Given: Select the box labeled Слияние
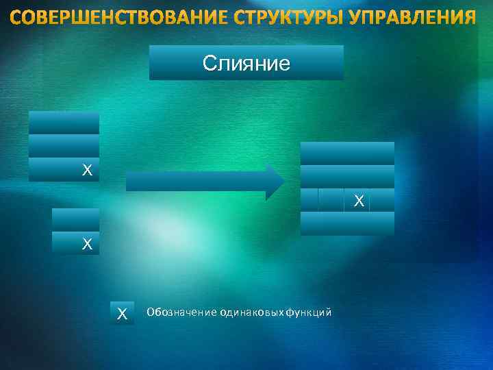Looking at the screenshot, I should pyautogui.click(x=246, y=63).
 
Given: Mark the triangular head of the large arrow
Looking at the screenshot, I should pyautogui.click(x=275, y=181).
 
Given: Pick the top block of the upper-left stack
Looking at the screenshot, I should pyautogui.click(x=64, y=123).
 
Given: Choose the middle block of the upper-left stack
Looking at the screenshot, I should pyautogui.click(x=64, y=146).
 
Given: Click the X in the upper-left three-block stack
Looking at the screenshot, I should pyautogui.click(x=86, y=170).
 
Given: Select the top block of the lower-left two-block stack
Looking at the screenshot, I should pyautogui.click(x=75, y=219).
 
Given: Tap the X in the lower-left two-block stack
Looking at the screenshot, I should pyautogui.click(x=86, y=243).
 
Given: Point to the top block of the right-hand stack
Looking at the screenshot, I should pyautogui.click(x=348, y=153).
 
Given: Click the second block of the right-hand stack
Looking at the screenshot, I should pyautogui.click(x=348, y=176).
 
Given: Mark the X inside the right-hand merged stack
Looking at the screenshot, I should pyautogui.click(x=358, y=201).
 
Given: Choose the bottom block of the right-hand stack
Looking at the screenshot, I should pyautogui.click(x=348, y=224).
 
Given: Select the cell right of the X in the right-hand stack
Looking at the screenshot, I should pyautogui.click(x=382, y=200).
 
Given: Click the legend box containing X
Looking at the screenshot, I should pyautogui.click(x=122, y=313).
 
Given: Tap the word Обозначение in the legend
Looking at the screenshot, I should pyautogui.click(x=181, y=312).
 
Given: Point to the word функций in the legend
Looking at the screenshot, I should pyautogui.click(x=309, y=312).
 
